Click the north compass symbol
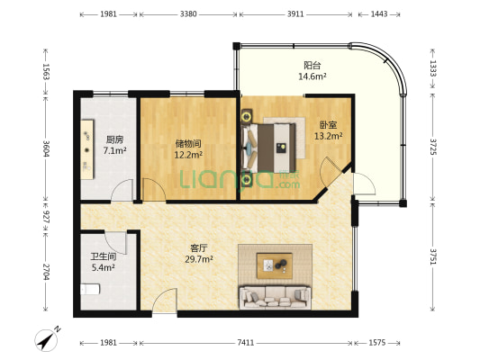47,339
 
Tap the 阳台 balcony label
312,65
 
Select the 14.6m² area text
312,76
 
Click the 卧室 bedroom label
329,125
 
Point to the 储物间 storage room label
188,143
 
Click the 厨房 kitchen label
114,139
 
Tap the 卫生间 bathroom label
104,256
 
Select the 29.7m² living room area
199,259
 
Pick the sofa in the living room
276,297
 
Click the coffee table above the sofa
275,265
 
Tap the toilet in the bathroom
90,289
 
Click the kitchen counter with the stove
87,149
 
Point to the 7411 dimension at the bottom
246,343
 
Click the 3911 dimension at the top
295,14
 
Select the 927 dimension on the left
46,217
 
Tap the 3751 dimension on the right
433,256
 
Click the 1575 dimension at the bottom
376,343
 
